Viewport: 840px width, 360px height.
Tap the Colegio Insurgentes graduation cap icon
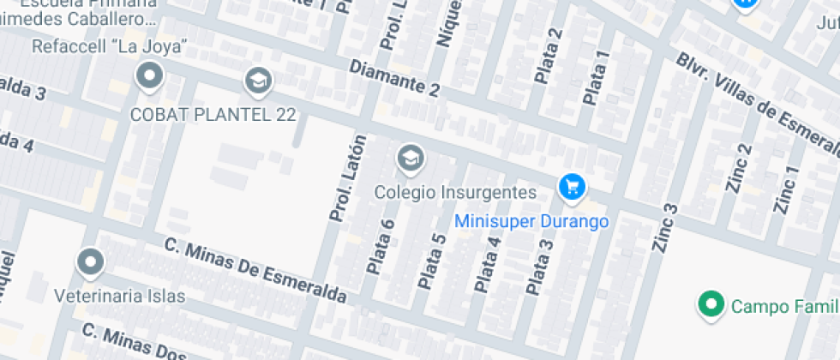click(411, 158)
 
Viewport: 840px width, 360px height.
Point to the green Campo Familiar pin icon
click(710, 303)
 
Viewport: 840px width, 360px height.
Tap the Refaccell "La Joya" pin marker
click(150, 76)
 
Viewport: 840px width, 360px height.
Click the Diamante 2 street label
click(395, 77)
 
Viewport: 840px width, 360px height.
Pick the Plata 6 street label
click(381, 247)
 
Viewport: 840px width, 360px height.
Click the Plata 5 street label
click(432, 261)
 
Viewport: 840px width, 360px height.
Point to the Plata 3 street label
click(539, 268)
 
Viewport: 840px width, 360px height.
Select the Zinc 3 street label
click(665, 227)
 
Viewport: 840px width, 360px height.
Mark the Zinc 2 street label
click(739, 168)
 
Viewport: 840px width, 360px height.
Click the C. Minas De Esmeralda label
click(255, 272)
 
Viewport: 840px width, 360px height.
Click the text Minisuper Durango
click(531, 221)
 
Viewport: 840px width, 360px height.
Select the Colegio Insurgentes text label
click(455, 192)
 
